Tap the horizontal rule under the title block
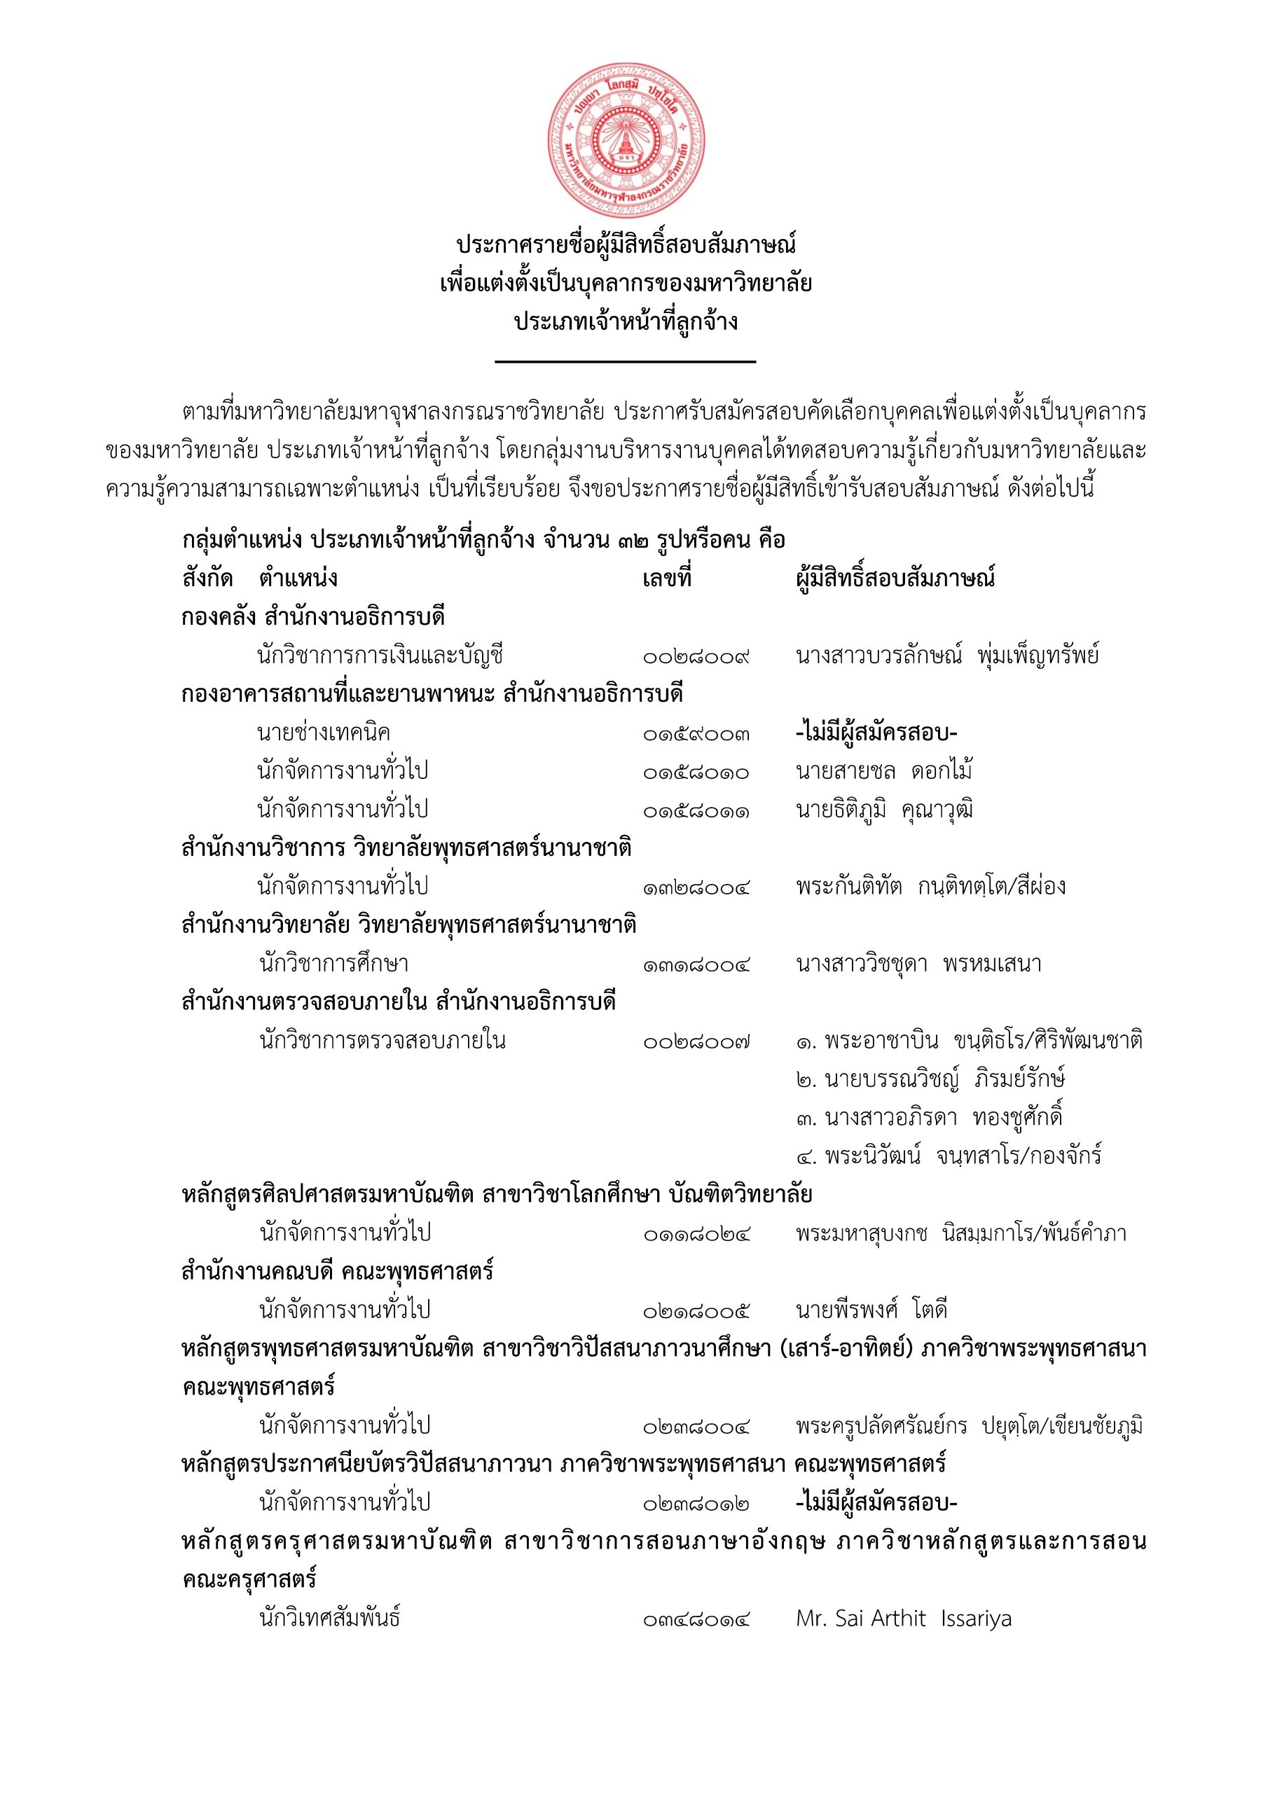click(626, 361)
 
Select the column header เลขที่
click(666, 579)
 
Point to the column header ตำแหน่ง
click(298, 579)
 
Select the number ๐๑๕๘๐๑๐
click(696, 772)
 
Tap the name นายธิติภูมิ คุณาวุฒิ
click(884, 810)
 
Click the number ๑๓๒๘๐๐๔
click(696, 887)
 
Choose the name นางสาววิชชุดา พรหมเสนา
click(918, 964)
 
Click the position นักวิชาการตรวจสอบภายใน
click(382, 1041)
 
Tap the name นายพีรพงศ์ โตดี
click(872, 1310)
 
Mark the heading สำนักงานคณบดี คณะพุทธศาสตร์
click(338, 1272)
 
